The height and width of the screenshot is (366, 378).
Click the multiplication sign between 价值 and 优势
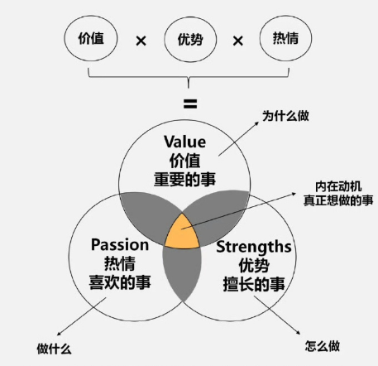141,41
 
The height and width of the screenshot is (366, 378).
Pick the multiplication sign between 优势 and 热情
238,41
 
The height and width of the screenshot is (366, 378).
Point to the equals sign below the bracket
190,104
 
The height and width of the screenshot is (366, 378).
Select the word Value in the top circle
184,142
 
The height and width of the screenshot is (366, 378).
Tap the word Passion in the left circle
120,245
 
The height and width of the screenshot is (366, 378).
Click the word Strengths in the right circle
254,247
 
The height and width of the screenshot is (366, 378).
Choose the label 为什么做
285,116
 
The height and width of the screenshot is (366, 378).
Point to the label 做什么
55,349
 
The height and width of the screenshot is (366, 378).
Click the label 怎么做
323,346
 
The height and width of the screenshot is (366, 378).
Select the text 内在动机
338,186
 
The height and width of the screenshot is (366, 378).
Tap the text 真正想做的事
338,200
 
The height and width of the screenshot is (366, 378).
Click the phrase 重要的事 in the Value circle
184,179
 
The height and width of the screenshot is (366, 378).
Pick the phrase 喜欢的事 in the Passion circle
120,282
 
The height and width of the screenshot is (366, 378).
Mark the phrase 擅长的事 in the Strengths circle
254,284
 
